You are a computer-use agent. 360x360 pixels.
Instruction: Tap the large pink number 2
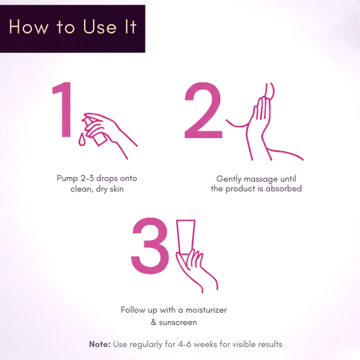point(203,110)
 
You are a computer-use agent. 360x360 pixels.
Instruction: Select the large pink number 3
point(149,245)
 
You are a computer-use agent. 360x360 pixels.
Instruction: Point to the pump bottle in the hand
point(95,131)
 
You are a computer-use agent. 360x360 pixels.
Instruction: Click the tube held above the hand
point(185,238)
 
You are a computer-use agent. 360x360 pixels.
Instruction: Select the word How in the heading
point(29,27)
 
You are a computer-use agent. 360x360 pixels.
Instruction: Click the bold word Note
point(100,344)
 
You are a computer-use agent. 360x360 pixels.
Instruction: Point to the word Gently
point(229,179)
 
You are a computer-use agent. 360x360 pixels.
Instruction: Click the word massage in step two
point(261,179)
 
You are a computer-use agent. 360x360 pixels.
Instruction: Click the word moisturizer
point(206,310)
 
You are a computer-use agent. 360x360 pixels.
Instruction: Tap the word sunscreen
point(178,322)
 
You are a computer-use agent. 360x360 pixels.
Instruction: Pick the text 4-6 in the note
point(185,344)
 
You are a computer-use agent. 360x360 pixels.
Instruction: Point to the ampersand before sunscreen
point(154,322)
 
